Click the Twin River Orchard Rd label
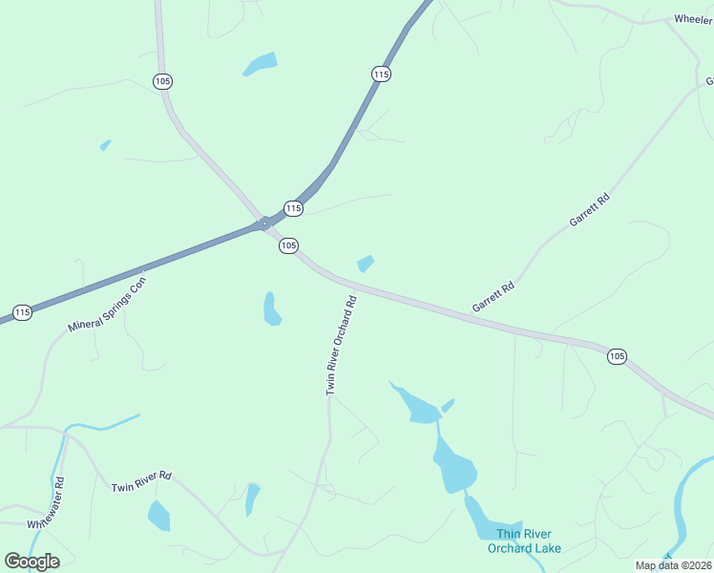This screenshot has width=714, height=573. (x=341, y=346)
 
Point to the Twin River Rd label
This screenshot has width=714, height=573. (x=140, y=481)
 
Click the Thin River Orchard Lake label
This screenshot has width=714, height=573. (x=524, y=541)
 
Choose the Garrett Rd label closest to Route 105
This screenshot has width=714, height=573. (x=493, y=297)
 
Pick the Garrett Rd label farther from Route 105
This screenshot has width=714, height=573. (x=589, y=211)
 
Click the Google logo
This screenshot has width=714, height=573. (x=31, y=561)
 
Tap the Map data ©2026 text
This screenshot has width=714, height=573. (x=673, y=565)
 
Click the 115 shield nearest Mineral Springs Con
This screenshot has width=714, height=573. (x=23, y=312)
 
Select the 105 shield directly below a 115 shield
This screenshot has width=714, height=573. (x=289, y=246)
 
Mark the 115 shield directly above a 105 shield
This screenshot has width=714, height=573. (x=293, y=208)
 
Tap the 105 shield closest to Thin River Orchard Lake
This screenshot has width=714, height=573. (x=617, y=356)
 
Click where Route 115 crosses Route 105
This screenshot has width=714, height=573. (x=263, y=224)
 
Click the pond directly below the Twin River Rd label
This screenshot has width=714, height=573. (x=158, y=517)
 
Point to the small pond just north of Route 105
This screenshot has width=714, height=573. (x=365, y=263)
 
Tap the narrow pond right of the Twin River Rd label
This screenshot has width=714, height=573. (x=252, y=498)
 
